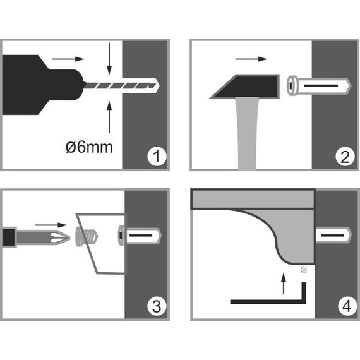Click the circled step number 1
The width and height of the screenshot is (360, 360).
[157, 157]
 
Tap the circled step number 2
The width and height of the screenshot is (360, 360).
[345, 157]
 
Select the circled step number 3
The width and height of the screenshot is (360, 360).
[157, 306]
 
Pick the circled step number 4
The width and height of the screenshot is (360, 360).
[347, 306]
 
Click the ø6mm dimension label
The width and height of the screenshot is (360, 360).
[89, 147]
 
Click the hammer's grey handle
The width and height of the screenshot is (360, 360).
[248, 133]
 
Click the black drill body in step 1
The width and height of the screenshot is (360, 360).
[41, 85]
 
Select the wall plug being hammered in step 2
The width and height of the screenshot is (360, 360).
[319, 86]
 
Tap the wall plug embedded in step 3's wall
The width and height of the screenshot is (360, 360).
[140, 236]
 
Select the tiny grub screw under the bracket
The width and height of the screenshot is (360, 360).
[304, 270]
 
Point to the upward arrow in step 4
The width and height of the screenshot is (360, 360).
[284, 284]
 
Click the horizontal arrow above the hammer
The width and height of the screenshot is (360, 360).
[251, 59]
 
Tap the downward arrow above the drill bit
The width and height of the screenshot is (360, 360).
[109, 59]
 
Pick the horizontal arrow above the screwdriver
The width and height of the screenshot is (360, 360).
[51, 225]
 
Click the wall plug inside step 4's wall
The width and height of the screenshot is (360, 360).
[333, 236]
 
